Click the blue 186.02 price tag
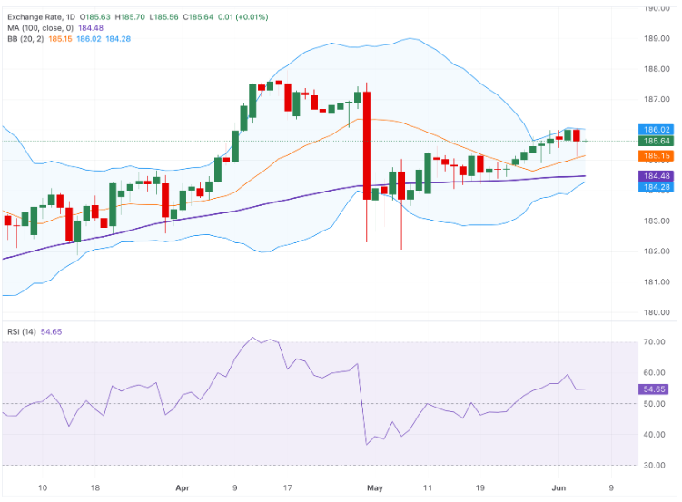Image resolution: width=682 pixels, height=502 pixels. pyautogui.click(x=656, y=130)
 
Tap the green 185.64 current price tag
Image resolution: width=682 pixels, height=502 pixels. pyautogui.click(x=656, y=141)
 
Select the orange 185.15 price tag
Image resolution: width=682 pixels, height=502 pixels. pyautogui.click(x=656, y=155)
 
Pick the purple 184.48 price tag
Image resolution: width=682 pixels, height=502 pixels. pyautogui.click(x=656, y=176)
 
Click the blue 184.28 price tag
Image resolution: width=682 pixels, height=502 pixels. pyautogui.click(x=656, y=187)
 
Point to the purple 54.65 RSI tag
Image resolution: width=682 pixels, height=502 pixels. pyautogui.click(x=654, y=389)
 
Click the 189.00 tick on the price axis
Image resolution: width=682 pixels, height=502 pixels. pyautogui.click(x=657, y=38)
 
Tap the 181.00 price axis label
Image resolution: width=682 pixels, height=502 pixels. pyautogui.click(x=657, y=281)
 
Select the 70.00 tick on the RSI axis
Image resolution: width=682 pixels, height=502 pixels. pyautogui.click(x=654, y=342)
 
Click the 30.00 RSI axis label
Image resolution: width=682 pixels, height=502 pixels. pyautogui.click(x=654, y=465)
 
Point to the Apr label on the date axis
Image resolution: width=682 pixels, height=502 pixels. pyautogui.click(x=183, y=487)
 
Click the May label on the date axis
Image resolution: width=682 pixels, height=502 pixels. pyautogui.click(x=374, y=487)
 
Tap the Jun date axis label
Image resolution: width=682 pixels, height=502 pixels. pyautogui.click(x=558, y=487)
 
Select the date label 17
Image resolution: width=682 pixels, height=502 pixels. pyautogui.click(x=288, y=487)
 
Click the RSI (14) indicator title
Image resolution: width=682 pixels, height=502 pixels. pyautogui.click(x=21, y=331)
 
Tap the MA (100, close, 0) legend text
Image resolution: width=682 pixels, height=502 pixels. pyautogui.click(x=41, y=28)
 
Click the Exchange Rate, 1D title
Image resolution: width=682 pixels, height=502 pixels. pyautogui.click(x=41, y=17)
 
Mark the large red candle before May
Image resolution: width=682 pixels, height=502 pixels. pyautogui.click(x=367, y=145)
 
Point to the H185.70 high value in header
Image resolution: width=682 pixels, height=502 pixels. pyautogui.click(x=130, y=17)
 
